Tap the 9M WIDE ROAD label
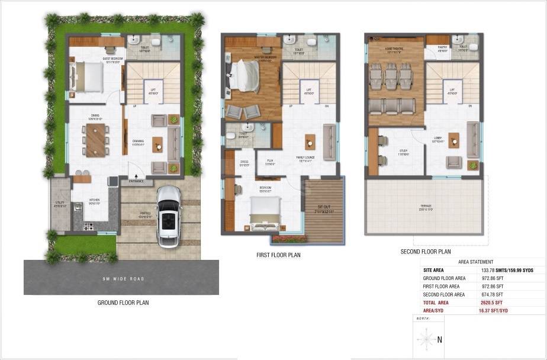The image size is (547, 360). click(x=122, y=278)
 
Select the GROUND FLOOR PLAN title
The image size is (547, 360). click(x=123, y=303)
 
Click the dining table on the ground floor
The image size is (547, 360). click(x=95, y=139)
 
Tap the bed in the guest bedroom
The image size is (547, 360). click(x=87, y=76)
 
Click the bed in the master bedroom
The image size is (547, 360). click(x=244, y=76)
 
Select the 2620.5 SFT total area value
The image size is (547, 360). click(x=493, y=302)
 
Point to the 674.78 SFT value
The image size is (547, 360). click(x=493, y=294)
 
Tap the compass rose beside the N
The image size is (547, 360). click(x=425, y=340)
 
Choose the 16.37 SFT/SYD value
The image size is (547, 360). click(x=495, y=310)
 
